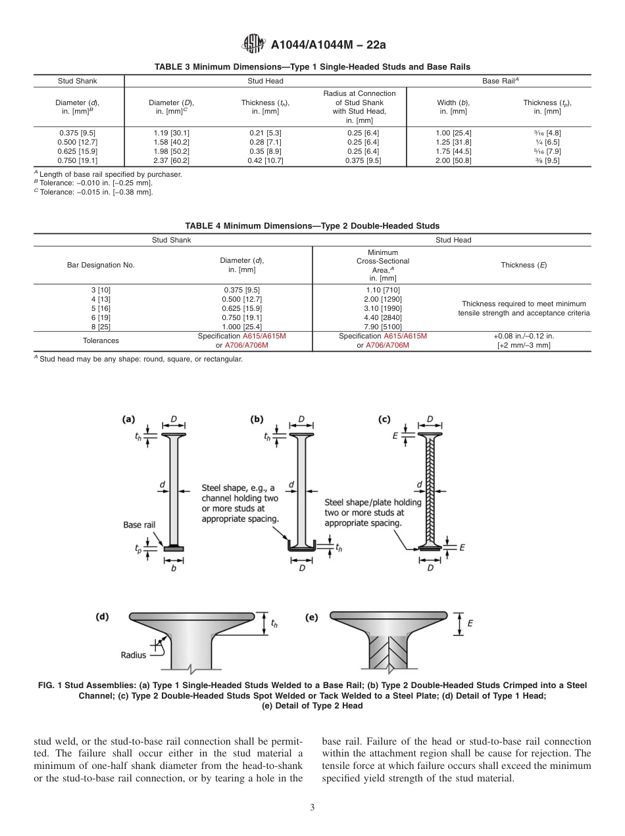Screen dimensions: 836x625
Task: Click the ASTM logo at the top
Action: click(253, 44)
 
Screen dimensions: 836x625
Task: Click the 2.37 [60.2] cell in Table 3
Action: click(171, 160)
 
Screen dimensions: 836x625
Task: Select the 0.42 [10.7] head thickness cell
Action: click(265, 160)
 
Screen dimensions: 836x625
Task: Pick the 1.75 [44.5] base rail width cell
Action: click(453, 151)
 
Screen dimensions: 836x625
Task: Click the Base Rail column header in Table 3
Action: click(501, 81)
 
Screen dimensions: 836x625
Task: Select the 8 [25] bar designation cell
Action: click(101, 327)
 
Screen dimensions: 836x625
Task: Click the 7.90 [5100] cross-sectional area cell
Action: click(382, 327)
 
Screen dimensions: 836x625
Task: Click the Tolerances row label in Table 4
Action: click(101, 340)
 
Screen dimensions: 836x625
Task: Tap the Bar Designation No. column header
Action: click(101, 265)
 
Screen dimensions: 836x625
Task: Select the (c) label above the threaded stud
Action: click(384, 419)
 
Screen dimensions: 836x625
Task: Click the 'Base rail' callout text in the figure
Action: click(139, 524)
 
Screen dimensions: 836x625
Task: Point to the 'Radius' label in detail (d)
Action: click(133, 655)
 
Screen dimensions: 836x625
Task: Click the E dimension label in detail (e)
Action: click(470, 624)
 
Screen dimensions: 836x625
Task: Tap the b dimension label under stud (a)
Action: click(173, 569)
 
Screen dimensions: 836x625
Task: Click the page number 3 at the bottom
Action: click(312, 807)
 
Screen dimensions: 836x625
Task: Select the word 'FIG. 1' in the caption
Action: click(51, 685)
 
